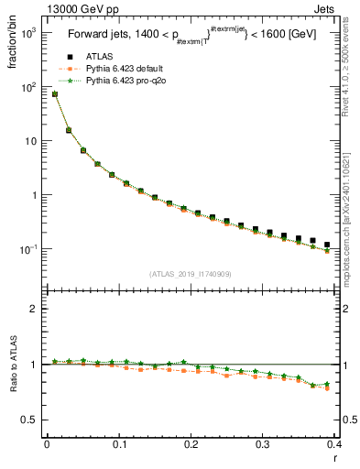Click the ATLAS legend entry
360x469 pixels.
[x=98, y=57]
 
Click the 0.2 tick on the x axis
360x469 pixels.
[x=191, y=445]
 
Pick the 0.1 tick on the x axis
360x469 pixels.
[x=119, y=445]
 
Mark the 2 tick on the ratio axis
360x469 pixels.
[x=33, y=309]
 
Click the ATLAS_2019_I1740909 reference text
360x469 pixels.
[x=190, y=273]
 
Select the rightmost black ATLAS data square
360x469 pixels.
[x=327, y=245]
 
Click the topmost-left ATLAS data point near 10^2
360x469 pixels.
[x=54, y=93]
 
